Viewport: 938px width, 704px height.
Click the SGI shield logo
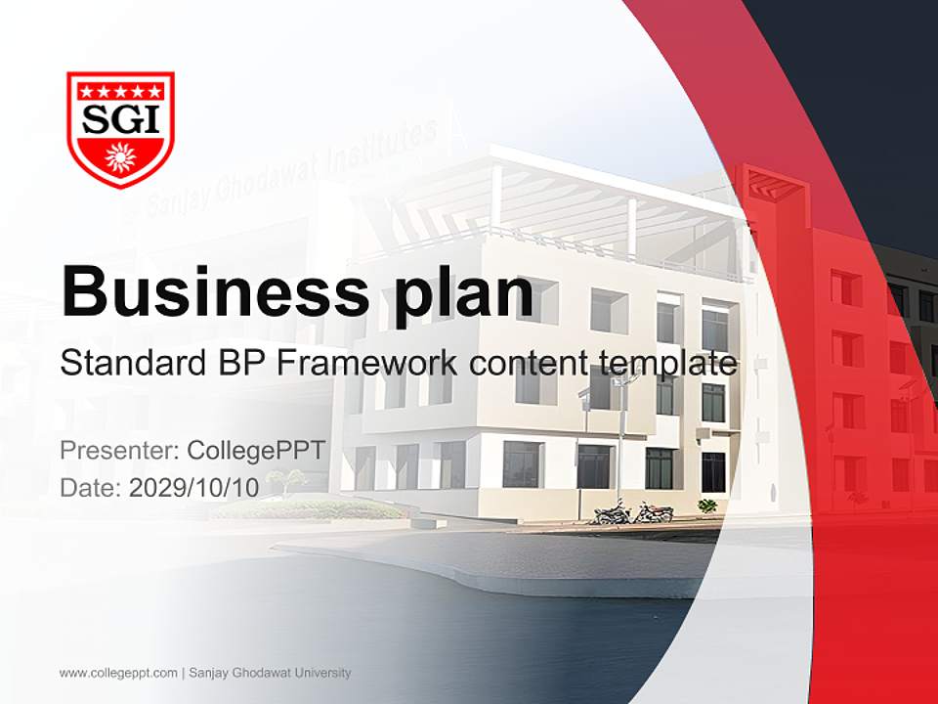coord(120,128)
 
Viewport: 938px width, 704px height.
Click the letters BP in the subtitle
coord(235,364)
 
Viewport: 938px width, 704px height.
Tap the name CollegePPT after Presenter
coord(256,451)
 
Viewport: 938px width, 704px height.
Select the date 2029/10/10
coord(194,487)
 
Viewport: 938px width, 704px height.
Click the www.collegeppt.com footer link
coord(118,673)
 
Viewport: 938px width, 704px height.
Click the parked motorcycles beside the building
coord(633,511)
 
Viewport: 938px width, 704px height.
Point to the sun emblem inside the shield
coord(119,155)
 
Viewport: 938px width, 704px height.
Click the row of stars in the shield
coord(120,91)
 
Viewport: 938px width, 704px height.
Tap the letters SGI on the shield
coord(120,118)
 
